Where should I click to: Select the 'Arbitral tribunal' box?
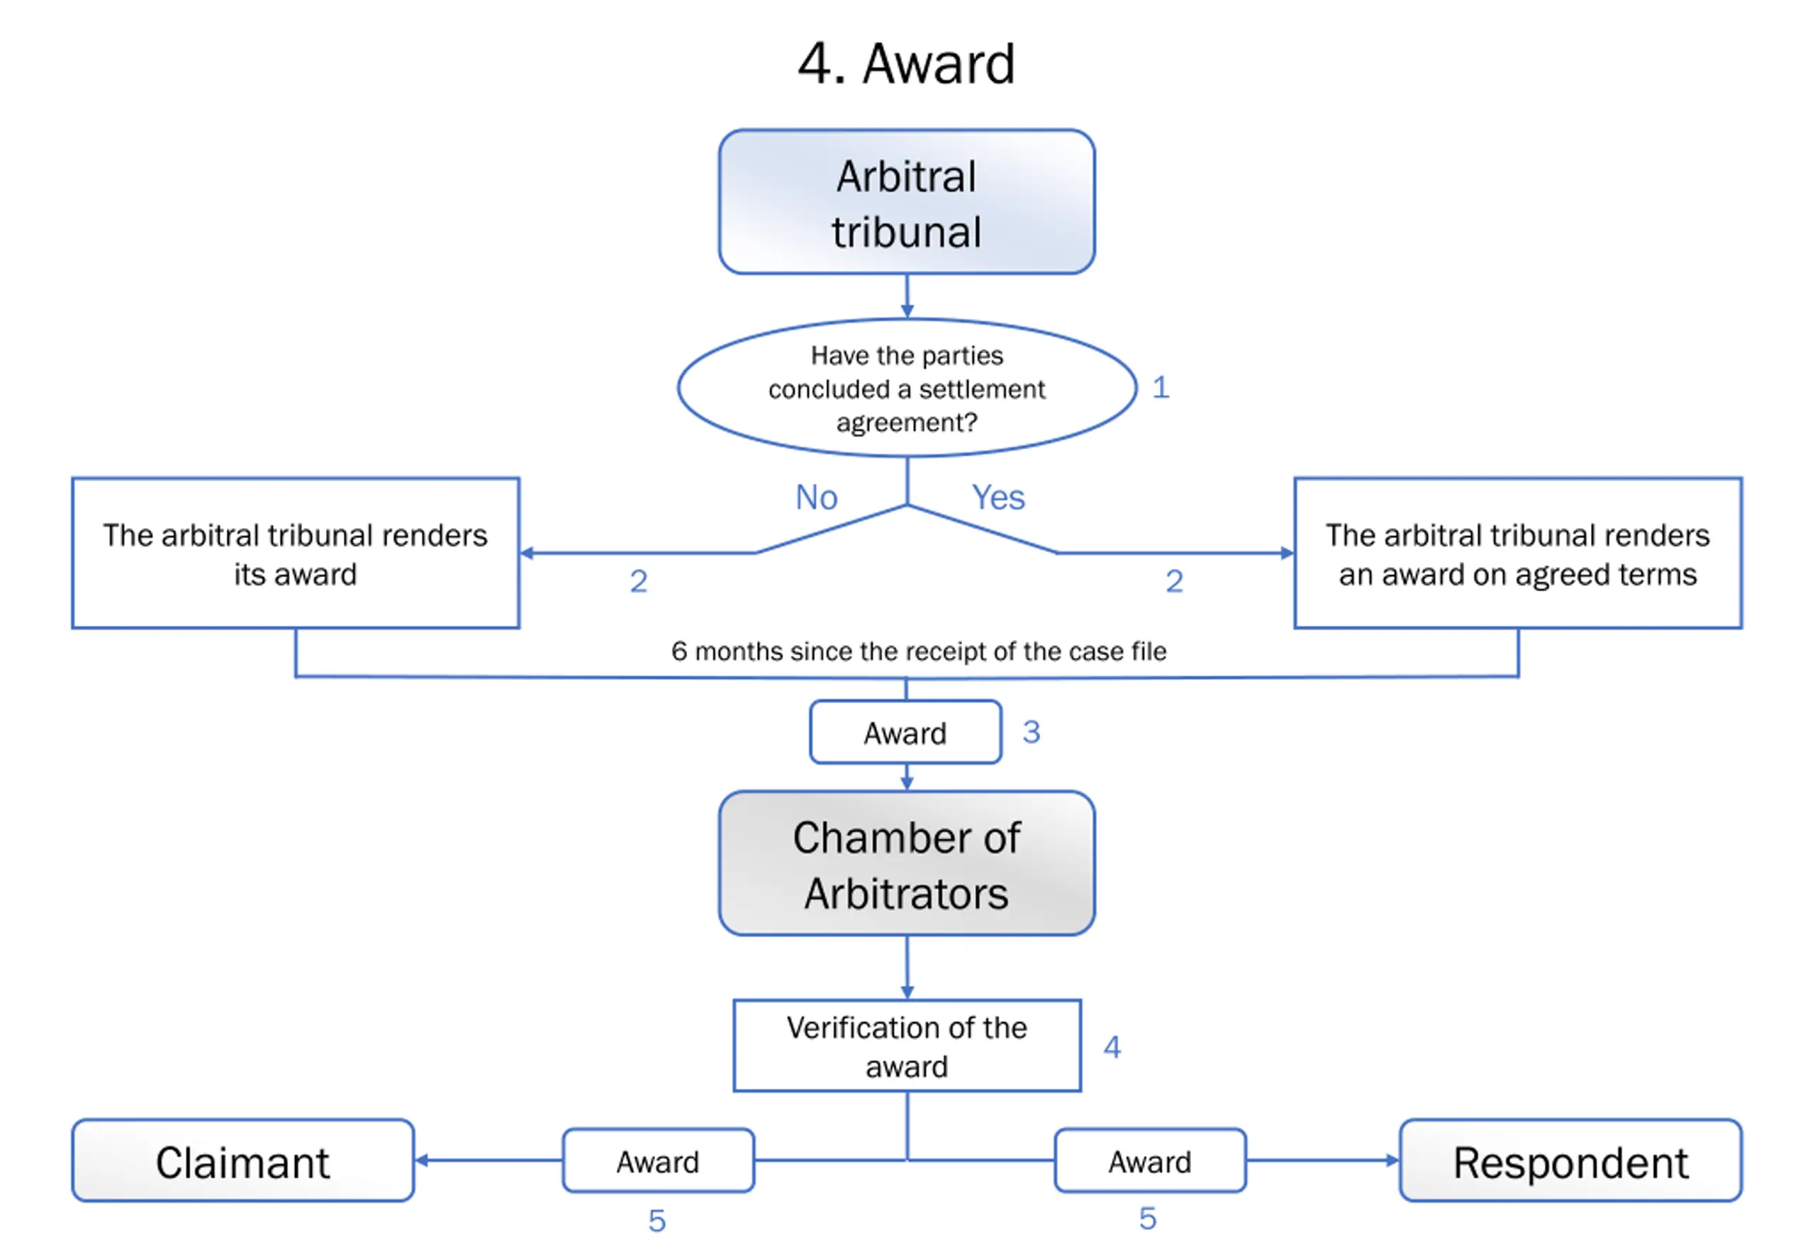[906, 202]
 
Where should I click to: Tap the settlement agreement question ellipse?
[907, 388]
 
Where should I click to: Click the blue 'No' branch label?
[816, 498]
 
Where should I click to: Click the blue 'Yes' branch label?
[998, 498]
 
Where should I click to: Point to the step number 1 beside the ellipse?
[1161, 387]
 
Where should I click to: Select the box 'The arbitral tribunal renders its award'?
[295, 554]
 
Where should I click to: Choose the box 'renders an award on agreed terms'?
[1517, 554]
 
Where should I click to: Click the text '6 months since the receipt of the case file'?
[919, 651]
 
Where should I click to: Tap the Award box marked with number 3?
[905, 733]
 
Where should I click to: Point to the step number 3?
[1031, 733]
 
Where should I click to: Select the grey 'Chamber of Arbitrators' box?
[906, 863]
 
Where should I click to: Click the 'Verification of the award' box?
[907, 1046]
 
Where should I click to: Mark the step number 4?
[1112, 1047]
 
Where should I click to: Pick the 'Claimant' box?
[242, 1161]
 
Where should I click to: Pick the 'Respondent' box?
[1570, 1161]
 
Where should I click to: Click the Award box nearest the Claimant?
[658, 1161]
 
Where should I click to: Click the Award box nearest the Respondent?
[1150, 1161]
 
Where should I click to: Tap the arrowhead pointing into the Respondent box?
[1392, 1160]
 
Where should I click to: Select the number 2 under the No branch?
[638, 581]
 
